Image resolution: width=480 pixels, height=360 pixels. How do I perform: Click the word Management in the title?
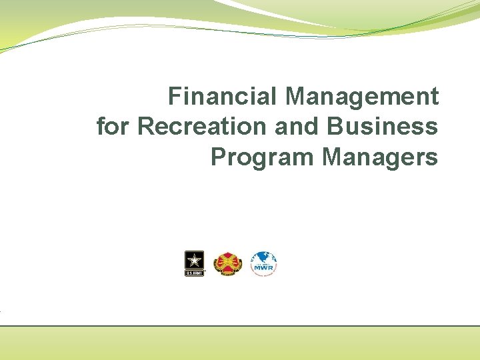click(363, 97)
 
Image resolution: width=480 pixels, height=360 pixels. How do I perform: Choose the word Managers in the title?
click(380, 157)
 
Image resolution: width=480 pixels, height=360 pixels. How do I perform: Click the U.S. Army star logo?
click(194, 264)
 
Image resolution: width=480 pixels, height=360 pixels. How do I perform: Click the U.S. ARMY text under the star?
click(194, 273)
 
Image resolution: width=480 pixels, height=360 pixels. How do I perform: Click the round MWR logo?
click(263, 264)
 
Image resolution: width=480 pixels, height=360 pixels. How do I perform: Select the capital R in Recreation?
click(145, 127)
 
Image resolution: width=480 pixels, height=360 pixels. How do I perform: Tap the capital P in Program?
click(217, 157)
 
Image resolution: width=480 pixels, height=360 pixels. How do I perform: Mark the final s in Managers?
click(433, 159)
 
